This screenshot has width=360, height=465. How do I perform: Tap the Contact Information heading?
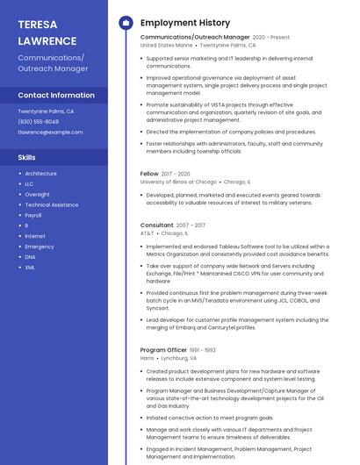pos(56,95)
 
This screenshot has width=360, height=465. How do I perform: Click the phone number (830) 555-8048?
pos(39,122)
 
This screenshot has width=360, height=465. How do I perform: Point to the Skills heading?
pos(27,157)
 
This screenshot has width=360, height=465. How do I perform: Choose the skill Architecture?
pos(40,174)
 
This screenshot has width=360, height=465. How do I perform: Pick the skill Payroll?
pos(33,215)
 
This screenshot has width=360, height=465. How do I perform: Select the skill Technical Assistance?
pos(52,204)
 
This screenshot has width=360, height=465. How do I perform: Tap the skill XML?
pos(30,268)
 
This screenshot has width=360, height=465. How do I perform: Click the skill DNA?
pos(31,257)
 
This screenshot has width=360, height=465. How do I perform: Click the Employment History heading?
pos(185,23)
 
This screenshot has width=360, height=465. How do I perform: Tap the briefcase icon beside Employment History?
pos(126,23)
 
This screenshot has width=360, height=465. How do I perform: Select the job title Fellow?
pos(150,174)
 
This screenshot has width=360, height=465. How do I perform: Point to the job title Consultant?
pos(157,225)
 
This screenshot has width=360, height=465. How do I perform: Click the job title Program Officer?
pos(164,350)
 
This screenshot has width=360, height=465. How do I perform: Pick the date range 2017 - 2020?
pos(176,174)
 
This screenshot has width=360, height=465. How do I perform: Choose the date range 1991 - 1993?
pos(204,350)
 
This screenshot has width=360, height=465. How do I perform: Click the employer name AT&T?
pos(147,234)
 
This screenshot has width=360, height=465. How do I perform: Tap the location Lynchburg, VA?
pos(180,359)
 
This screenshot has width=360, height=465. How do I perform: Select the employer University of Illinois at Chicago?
pos(178,182)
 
